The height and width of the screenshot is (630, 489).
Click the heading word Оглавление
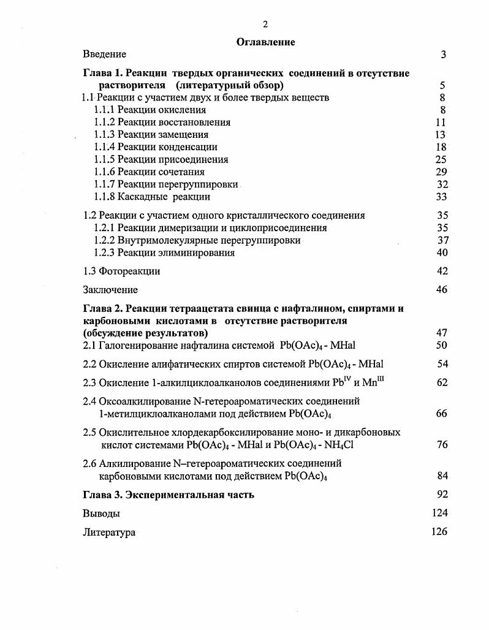[265, 42]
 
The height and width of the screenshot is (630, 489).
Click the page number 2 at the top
[265, 25]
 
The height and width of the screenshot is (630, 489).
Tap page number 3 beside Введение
[443, 55]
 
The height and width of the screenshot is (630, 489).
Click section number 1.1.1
[104, 110]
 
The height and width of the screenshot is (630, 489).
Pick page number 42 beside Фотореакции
[442, 271]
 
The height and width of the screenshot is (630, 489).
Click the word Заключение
[110, 290]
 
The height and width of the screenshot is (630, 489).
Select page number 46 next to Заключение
[442, 290]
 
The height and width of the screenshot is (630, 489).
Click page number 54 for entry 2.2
[442, 364]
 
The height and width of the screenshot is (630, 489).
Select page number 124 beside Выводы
[439, 513]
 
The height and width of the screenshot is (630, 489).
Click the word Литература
[109, 532]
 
